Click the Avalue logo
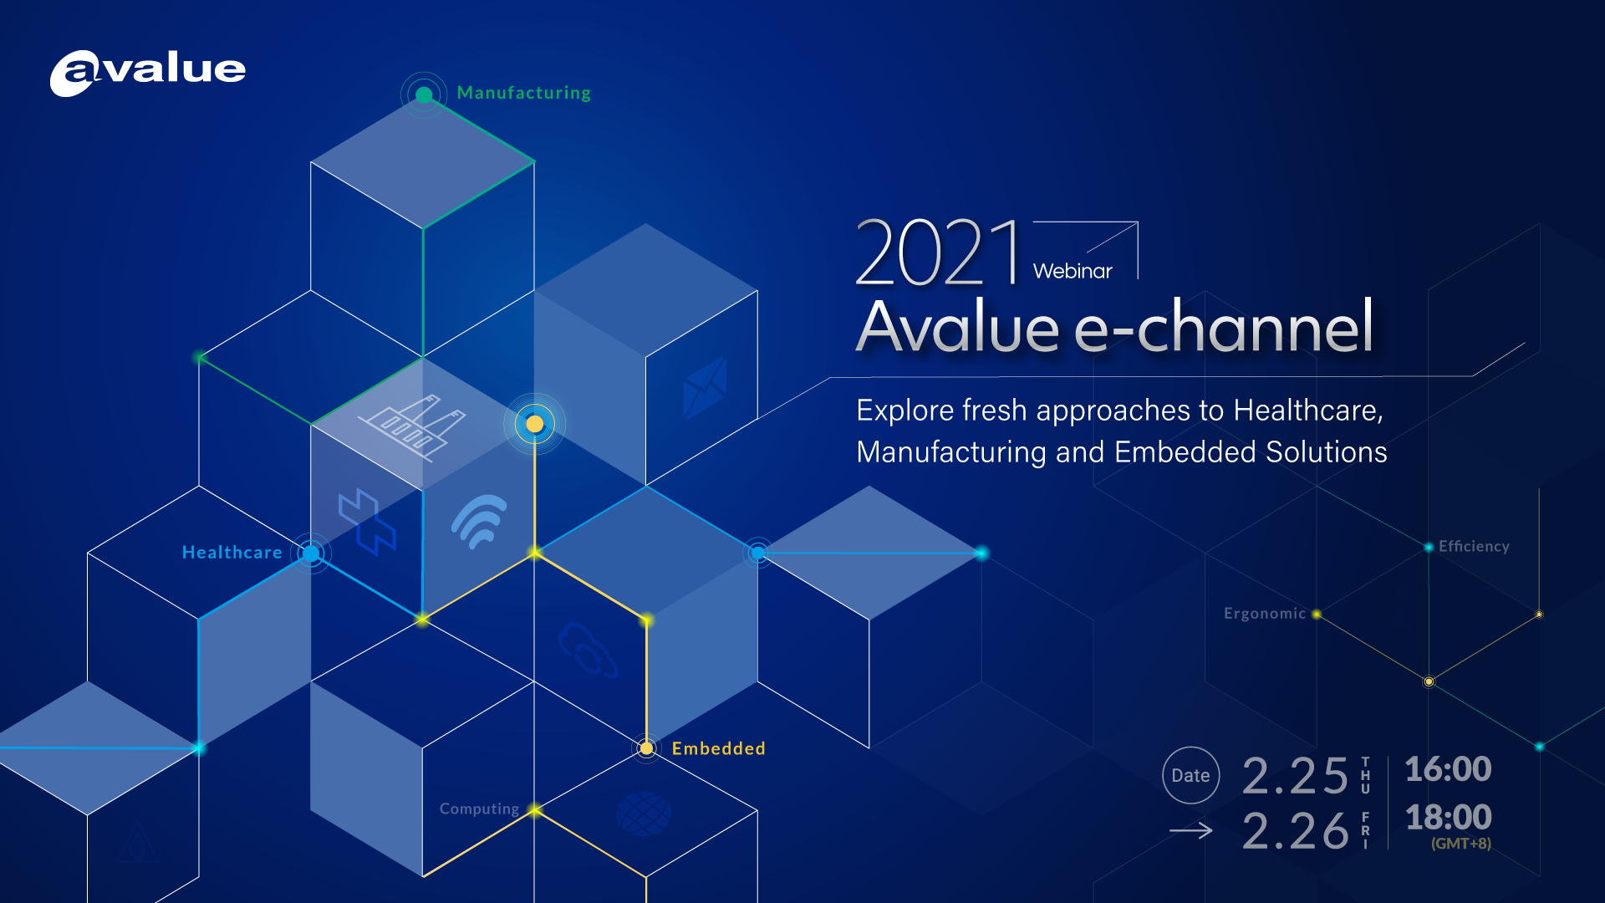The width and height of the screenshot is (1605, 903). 148,73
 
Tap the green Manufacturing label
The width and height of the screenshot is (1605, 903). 523,93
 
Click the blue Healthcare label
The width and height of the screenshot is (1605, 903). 232,553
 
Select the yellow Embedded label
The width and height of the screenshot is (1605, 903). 718,748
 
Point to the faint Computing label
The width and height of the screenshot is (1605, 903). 479,809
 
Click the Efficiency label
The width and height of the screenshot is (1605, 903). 1473,546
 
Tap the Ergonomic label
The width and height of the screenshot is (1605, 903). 1264,614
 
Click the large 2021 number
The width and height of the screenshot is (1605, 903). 938,253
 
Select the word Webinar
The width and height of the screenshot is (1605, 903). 1073,271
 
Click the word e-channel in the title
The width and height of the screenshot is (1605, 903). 1224,328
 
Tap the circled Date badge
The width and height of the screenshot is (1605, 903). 1190,775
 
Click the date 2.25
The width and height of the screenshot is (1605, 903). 1295,775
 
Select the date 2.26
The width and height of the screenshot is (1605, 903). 1295,831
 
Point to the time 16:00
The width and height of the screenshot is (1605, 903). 1448,769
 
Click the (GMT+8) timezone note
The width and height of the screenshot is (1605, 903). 1460,844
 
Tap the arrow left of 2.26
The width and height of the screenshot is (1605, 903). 1190,830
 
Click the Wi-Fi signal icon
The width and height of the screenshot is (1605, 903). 480,521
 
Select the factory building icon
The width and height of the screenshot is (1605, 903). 411,426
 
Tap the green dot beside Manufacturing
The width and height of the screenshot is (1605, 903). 424,94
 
